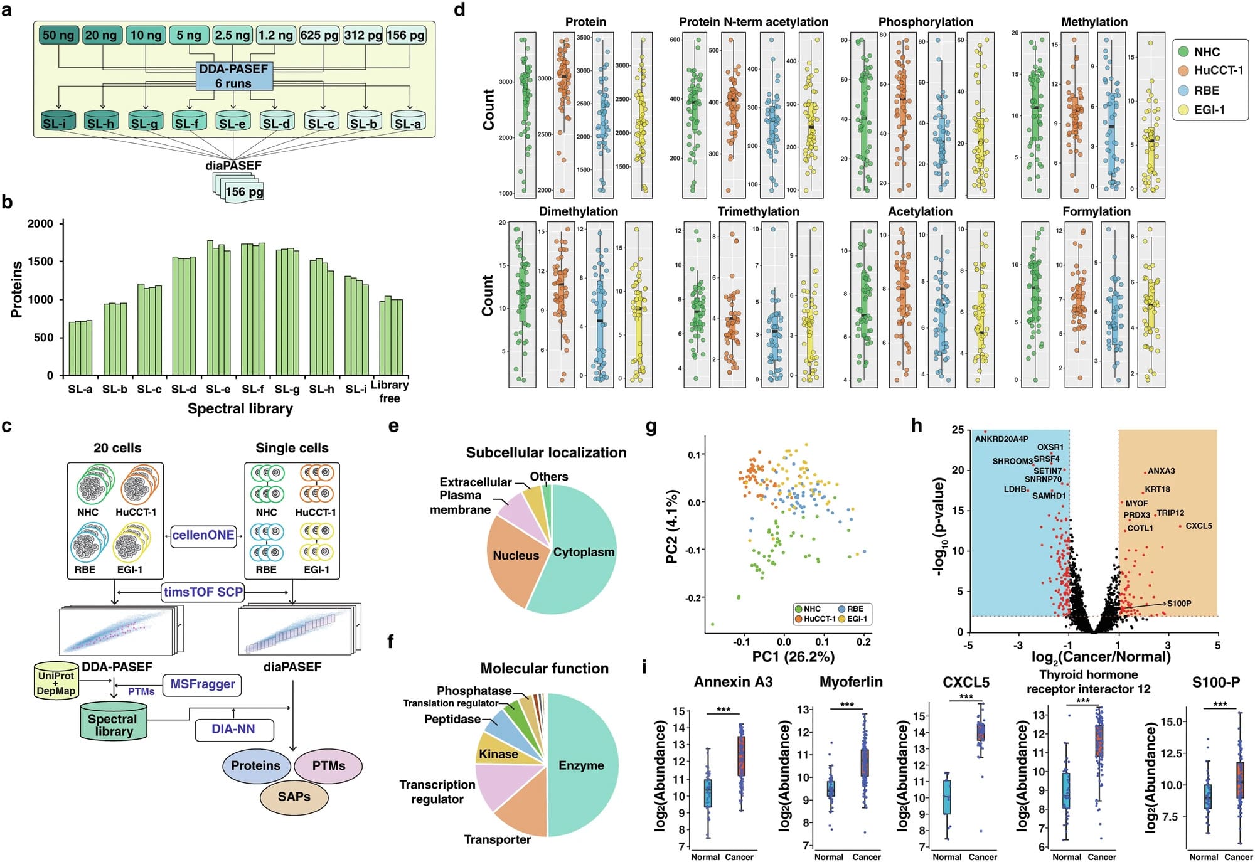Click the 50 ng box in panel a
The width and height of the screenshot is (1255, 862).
[58, 35]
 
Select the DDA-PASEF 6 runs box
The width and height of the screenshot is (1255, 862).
[233, 76]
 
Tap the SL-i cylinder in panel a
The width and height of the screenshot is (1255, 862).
[58, 122]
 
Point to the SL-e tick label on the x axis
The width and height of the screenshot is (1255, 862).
[218, 390]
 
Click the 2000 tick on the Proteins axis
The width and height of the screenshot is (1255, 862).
[40, 224]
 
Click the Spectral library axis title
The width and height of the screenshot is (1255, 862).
[240, 409]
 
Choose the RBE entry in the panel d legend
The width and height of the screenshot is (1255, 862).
[1206, 90]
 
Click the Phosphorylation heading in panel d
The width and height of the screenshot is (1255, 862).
[926, 22]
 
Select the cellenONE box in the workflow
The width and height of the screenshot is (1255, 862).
[203, 536]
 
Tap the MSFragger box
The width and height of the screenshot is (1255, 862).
[203, 684]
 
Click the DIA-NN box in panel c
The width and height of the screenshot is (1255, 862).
[233, 729]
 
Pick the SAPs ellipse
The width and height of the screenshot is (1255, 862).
[294, 797]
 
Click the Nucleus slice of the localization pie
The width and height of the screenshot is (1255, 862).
[515, 556]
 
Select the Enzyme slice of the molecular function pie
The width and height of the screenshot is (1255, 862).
[582, 765]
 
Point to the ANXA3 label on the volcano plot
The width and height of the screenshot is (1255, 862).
[1161, 471]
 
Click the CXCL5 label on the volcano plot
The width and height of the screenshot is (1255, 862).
[1199, 526]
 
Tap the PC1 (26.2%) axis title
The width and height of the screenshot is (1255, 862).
[793, 657]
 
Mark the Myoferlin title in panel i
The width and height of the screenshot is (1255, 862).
[851, 682]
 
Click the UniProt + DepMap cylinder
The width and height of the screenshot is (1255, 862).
[56, 683]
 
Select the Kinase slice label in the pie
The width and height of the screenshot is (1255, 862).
[498, 754]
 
